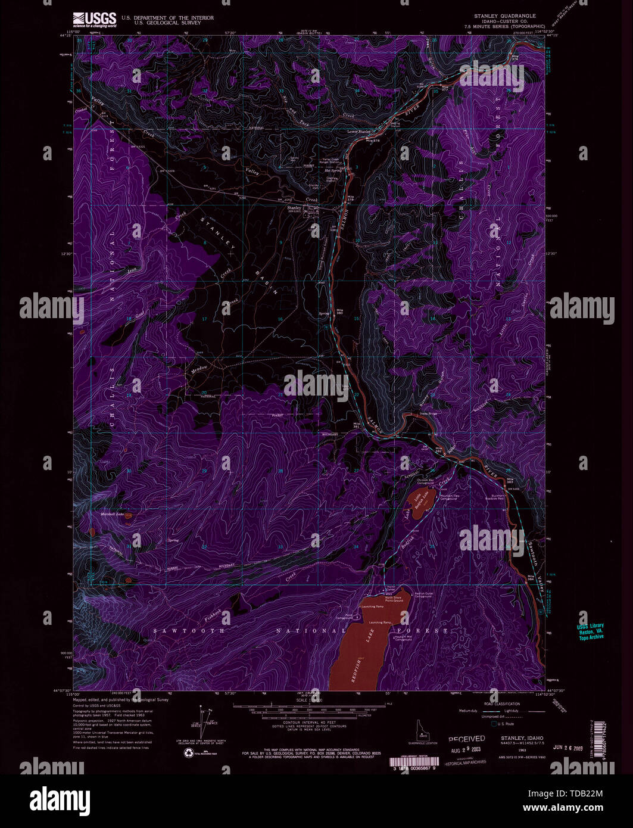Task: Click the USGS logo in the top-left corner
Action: pos(94,20)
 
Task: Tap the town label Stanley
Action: pos(294,207)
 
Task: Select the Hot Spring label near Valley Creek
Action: pos(333,170)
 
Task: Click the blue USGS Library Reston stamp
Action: pos(590,631)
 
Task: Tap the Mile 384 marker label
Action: pos(531,577)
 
